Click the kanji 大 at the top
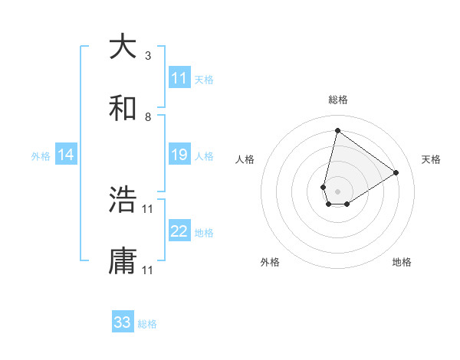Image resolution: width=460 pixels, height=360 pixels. [123, 47]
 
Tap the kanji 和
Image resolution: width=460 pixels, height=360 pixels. [123, 108]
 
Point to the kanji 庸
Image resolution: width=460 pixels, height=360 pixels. [123, 261]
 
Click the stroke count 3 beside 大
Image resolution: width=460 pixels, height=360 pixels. [148, 56]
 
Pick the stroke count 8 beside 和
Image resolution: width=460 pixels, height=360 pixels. [148, 117]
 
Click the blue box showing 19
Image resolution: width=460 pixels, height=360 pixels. [179, 155]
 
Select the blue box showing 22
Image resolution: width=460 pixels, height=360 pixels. [179, 231]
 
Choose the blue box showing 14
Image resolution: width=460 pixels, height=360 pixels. [66, 155]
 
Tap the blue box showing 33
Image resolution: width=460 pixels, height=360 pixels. [123, 322]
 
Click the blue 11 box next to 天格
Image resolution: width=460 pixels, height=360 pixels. [179, 78]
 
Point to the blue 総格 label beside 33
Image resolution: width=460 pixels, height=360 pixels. [147, 324]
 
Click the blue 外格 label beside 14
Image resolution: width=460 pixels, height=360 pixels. [41, 156]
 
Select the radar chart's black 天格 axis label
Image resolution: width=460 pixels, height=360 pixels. [431, 159]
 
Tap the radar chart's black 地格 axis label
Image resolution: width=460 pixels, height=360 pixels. [402, 262]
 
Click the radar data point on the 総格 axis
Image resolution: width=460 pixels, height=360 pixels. [337, 129]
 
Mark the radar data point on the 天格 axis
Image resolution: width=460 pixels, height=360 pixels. [396, 172]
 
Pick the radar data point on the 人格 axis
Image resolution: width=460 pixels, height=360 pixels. [324, 187]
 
